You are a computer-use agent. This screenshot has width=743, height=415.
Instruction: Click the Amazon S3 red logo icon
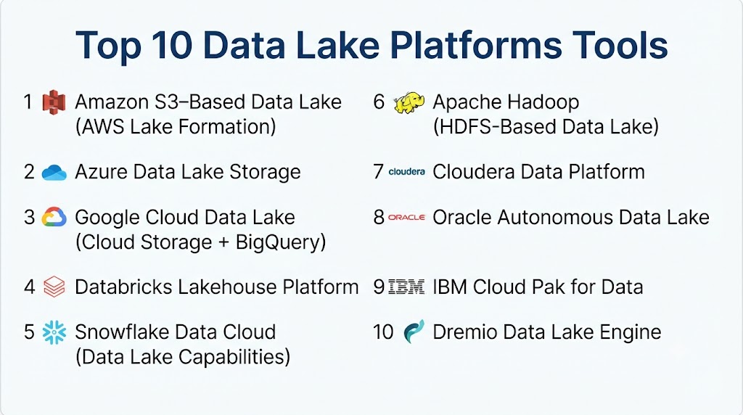54,102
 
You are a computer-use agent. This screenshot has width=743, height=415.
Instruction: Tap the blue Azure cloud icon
54,173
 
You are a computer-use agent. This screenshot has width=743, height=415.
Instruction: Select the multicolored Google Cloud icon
54,217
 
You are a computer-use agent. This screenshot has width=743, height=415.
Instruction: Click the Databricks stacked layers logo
54,287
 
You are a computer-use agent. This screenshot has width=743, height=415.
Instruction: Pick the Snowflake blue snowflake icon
54,332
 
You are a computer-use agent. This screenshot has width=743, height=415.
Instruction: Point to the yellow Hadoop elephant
409,103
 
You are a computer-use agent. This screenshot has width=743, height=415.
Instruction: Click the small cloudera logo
406,171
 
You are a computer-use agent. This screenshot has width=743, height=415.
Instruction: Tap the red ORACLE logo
406,218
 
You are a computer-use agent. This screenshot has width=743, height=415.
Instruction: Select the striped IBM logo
406,287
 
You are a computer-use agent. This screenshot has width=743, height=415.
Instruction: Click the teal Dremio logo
414,332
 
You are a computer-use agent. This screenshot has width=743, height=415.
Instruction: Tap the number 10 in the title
172,46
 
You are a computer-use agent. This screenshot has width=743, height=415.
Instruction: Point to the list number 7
378,172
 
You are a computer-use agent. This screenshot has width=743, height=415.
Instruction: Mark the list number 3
29,218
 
